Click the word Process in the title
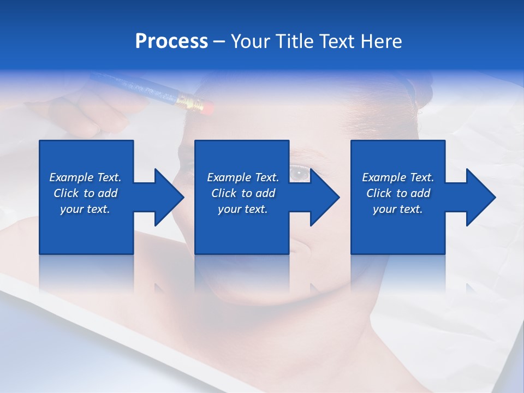(171, 41)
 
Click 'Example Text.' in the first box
(85, 177)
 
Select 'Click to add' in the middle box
(243, 193)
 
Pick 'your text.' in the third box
(398, 209)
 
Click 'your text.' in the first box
(85, 209)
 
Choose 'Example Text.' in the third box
(398, 177)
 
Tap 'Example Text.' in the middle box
(243, 177)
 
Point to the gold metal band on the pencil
(188, 100)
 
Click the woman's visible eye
(299, 174)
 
